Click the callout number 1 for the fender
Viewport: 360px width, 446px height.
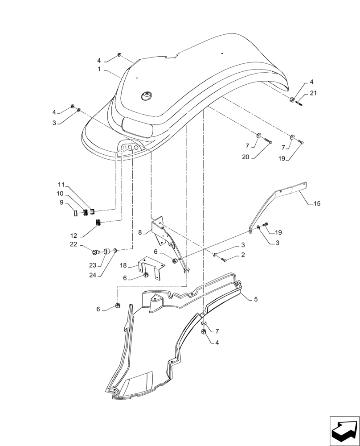pos(99,70)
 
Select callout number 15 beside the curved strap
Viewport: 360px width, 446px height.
pos(317,204)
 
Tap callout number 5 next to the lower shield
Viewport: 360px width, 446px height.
pos(256,299)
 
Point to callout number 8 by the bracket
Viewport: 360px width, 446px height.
pos(140,232)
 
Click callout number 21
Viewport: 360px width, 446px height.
pos(314,93)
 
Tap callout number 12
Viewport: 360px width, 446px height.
pos(74,235)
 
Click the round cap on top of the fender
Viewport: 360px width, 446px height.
pos(146,95)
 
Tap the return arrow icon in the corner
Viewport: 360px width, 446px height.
pos(344,430)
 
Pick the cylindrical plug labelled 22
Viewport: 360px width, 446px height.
pos(95,252)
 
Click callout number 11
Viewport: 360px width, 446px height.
pos(61,185)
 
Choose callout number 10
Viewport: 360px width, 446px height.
pos(60,194)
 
